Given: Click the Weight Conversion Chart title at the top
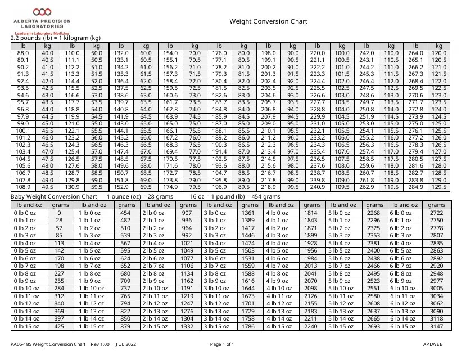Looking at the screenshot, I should tap(268, 22).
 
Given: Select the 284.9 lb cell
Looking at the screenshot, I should tap(415, 187).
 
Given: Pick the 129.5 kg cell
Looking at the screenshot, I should tap(439, 187).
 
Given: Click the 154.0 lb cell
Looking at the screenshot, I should tap(170, 52).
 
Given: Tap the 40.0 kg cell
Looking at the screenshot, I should tap(48, 52).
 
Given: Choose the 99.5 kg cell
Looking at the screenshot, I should tap(293, 187).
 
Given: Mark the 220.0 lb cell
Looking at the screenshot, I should tap(318, 52).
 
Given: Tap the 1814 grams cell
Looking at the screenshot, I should tap(311, 213).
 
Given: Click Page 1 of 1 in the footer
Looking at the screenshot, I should tap(221, 344).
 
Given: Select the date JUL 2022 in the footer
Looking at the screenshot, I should tap(126, 344).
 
